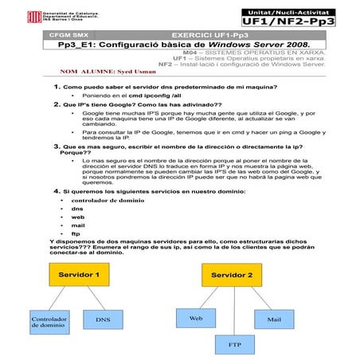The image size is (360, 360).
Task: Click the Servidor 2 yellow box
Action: click(232, 276)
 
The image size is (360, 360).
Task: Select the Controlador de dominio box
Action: click(48, 321)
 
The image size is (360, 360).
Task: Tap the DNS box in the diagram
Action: click(103, 320)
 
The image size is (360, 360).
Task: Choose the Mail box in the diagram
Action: click(274, 319)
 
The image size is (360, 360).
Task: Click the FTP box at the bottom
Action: click(235, 345)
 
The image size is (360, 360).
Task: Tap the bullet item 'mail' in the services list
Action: click(77, 225)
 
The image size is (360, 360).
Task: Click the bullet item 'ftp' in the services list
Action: click(76, 234)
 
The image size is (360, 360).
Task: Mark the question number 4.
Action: click(57, 191)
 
